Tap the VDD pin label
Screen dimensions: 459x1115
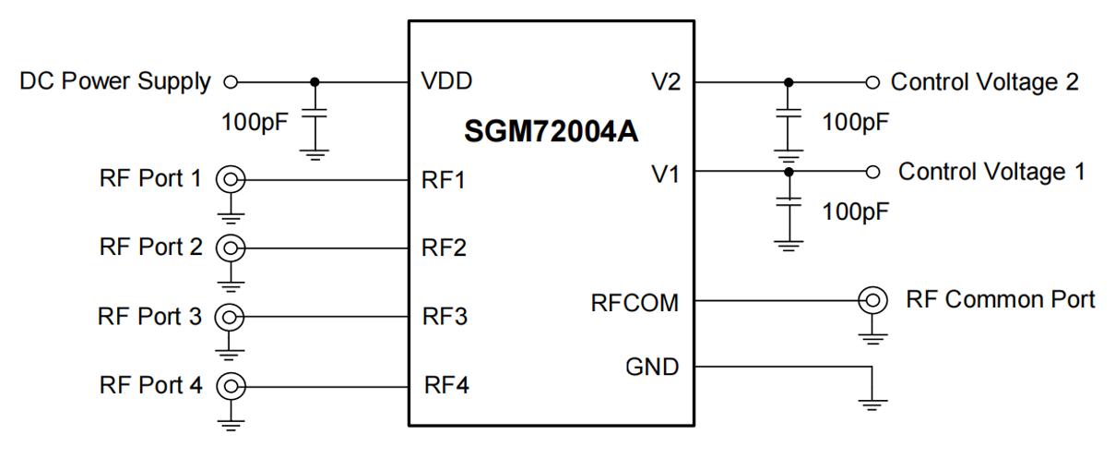(x=446, y=81)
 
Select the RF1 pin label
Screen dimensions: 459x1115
(x=444, y=180)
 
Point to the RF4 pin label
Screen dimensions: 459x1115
(x=446, y=384)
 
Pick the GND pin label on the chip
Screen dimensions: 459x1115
(x=652, y=368)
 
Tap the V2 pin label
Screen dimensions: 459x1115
(x=664, y=82)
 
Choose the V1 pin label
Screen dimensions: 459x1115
(x=664, y=172)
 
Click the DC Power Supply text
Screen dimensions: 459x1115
(x=115, y=81)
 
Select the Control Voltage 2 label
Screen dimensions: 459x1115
(x=984, y=82)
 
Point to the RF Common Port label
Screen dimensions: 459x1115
(x=1001, y=300)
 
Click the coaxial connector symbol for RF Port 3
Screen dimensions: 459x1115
(x=228, y=317)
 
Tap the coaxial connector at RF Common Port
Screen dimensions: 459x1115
(x=872, y=300)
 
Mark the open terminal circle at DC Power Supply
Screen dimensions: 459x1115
(x=231, y=82)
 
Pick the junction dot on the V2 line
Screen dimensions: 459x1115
(x=788, y=82)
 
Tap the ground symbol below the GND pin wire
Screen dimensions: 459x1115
(x=872, y=404)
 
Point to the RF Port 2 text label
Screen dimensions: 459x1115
(x=150, y=248)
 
